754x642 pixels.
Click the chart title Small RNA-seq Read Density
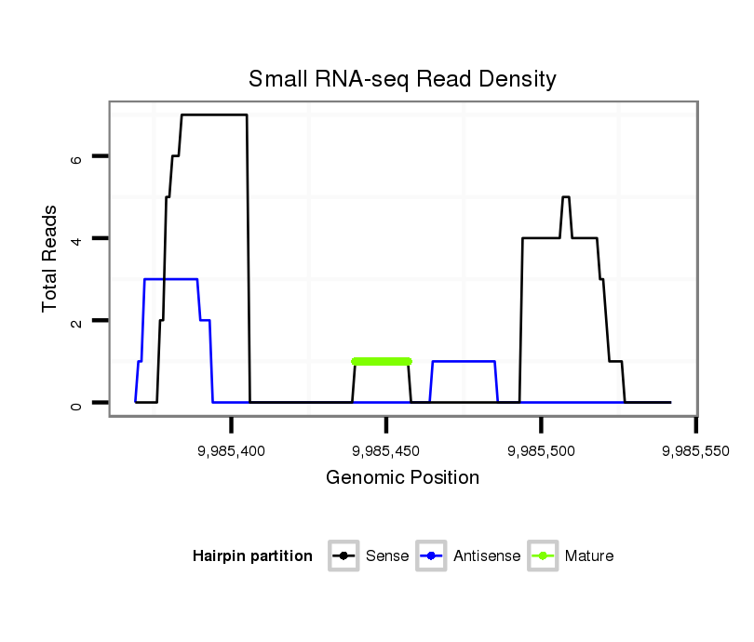[402, 79]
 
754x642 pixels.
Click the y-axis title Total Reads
[51, 259]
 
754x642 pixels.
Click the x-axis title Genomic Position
[402, 478]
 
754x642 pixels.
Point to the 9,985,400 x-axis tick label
[232, 450]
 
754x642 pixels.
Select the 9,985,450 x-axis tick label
[386, 450]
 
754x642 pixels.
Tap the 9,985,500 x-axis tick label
[542, 450]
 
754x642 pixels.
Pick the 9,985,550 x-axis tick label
[695, 450]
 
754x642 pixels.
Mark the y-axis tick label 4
[77, 238]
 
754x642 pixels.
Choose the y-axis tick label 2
[77, 321]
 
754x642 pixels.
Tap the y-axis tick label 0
[77, 403]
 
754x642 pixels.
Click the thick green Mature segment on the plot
[381, 361]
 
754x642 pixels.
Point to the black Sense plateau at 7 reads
[214, 114]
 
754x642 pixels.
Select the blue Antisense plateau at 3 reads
[170, 279]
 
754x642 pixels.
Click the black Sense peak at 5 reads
[565, 197]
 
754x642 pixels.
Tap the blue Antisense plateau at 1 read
[463, 361]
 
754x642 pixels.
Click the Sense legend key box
[344, 556]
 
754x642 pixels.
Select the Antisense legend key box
[432, 556]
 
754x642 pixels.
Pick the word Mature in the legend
[588, 556]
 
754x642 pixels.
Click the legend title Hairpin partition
[252, 556]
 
